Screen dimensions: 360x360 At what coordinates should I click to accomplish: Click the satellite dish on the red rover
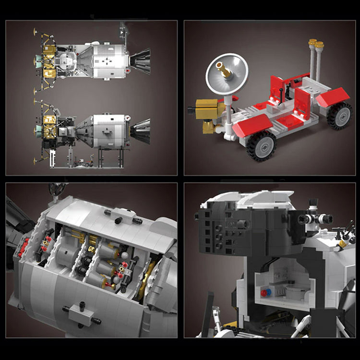pos(227,73)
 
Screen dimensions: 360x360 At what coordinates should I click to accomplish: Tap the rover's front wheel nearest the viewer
pos(261,146)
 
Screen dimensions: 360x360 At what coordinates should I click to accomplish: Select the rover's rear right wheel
pos(340,116)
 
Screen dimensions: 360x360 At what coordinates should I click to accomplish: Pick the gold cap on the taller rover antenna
pos(313,43)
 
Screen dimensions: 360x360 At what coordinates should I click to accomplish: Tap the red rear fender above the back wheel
pos(333,97)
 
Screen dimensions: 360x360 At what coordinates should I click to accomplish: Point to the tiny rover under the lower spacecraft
pos(86,163)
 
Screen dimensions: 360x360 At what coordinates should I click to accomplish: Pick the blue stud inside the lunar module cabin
pos(268,292)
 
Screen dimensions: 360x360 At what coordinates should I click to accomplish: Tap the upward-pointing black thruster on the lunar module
pos(312,204)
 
